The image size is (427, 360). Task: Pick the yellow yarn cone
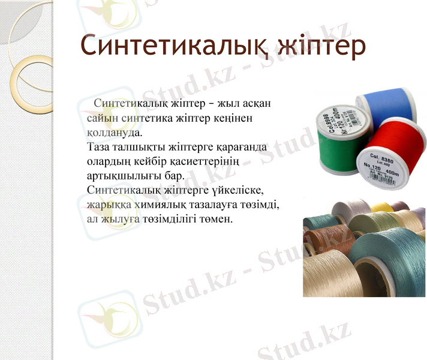click(380, 207)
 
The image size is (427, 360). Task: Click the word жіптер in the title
click(321, 47)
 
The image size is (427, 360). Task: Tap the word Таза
click(99, 146)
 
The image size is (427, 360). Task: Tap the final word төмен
click(213, 219)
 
